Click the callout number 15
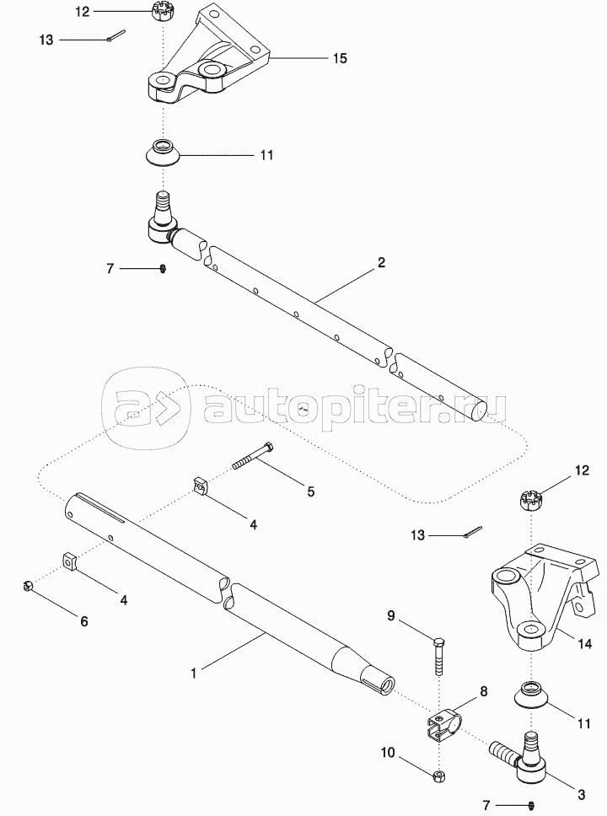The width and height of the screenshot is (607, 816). (340, 58)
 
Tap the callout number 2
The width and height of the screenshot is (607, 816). (381, 262)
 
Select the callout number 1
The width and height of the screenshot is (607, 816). (193, 674)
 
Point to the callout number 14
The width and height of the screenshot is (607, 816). (584, 644)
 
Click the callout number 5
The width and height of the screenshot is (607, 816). (311, 491)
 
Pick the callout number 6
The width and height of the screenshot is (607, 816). (83, 621)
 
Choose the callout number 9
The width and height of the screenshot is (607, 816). (391, 616)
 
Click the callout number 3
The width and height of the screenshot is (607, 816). (582, 795)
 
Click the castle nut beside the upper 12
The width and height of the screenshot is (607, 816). (160, 11)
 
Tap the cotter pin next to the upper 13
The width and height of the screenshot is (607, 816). (115, 35)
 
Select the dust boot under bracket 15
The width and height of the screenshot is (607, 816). (163, 153)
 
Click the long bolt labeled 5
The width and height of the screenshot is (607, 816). (252, 456)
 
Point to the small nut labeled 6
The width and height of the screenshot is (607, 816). (29, 586)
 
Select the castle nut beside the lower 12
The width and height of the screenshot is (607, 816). (530, 500)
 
